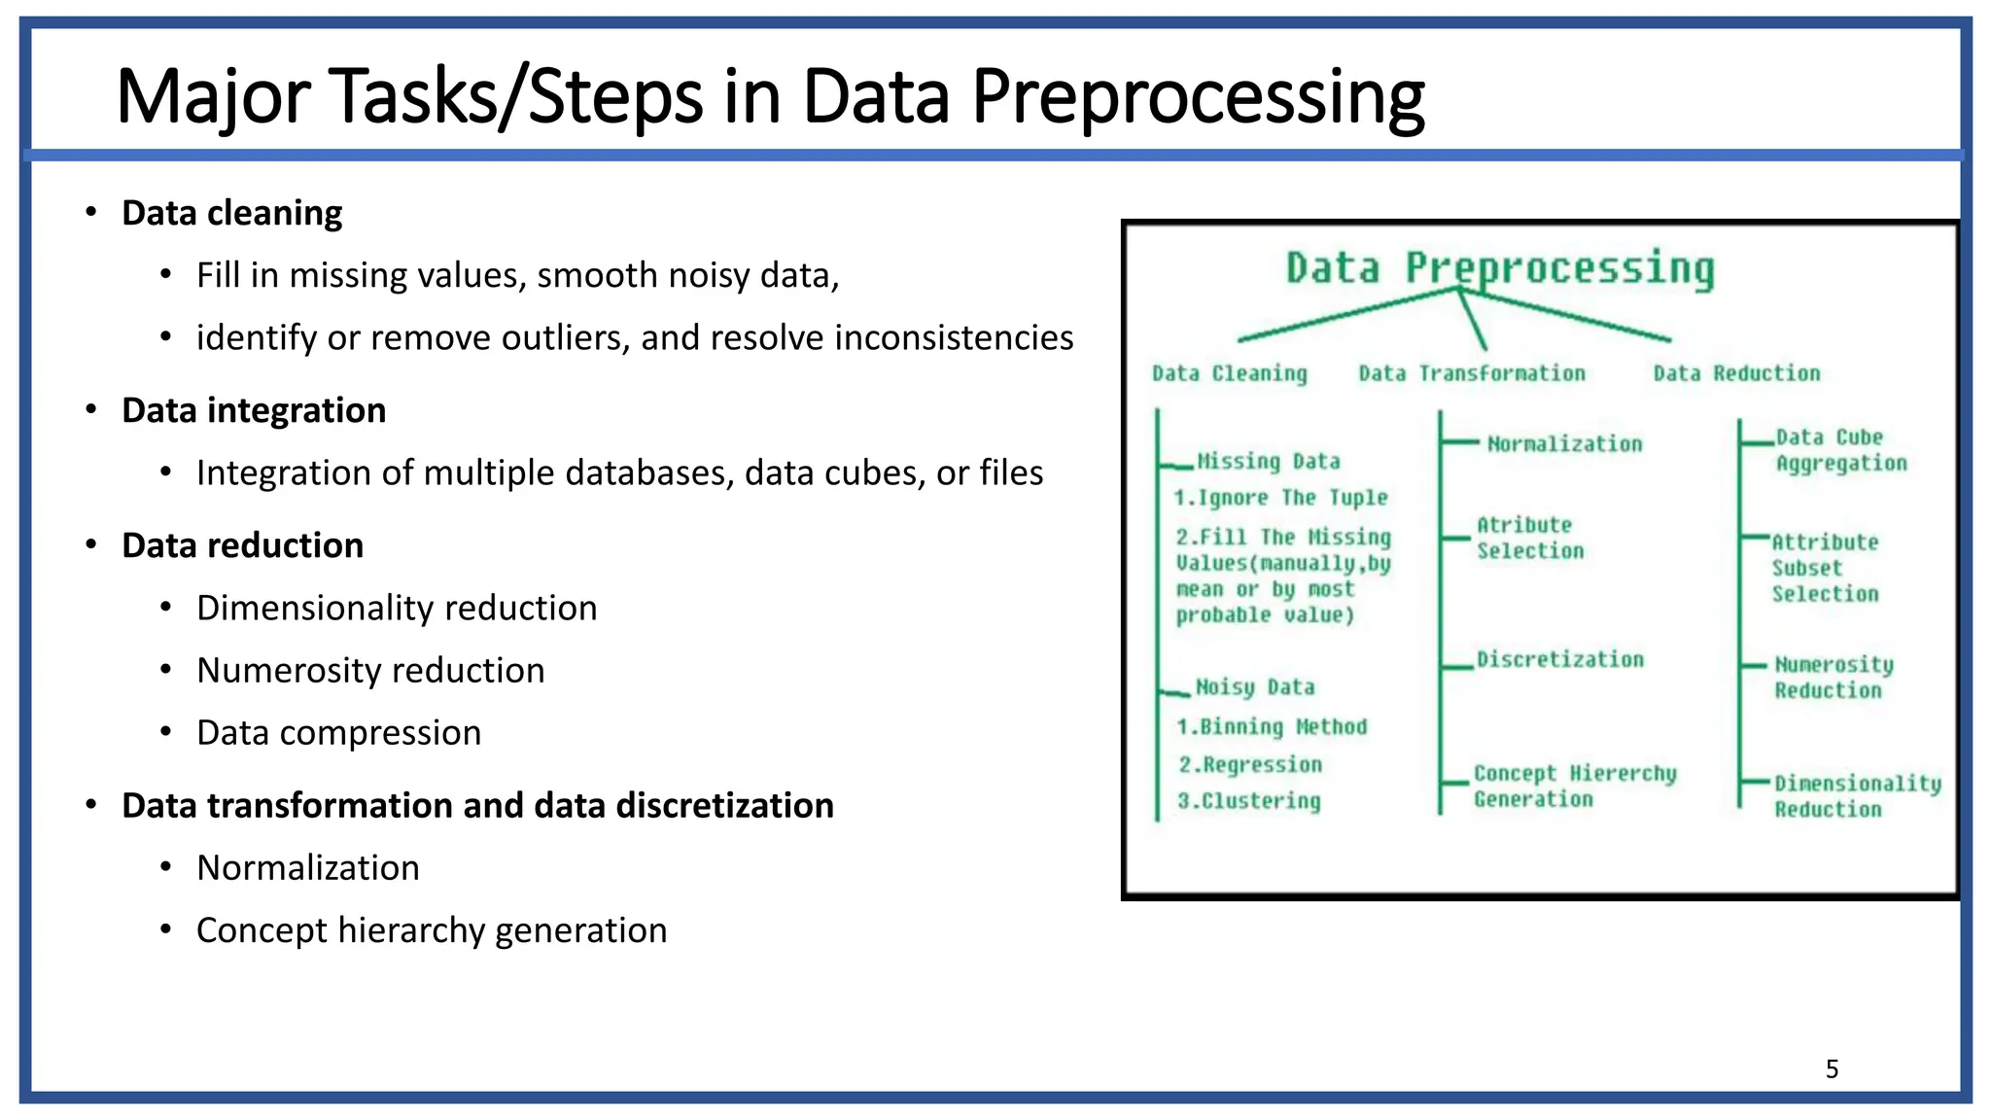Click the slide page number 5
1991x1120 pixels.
coord(1832,1069)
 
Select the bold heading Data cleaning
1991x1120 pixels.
coord(231,213)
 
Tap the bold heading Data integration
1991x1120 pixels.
coord(254,410)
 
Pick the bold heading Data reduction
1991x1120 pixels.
coord(242,545)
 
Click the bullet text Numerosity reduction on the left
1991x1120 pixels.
coord(370,670)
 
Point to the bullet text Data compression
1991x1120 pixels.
coord(338,732)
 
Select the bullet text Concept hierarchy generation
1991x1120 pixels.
coord(432,930)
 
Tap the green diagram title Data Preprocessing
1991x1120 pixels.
coord(1500,267)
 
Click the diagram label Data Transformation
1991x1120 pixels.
coord(1472,373)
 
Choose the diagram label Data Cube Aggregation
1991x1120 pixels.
coord(1840,450)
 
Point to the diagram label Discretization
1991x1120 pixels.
coord(1560,659)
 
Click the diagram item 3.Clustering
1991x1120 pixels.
coord(1249,801)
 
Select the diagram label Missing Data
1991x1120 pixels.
coord(1268,461)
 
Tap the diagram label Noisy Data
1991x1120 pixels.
coord(1254,687)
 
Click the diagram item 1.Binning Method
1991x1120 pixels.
coord(1272,727)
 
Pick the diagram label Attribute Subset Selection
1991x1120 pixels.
coord(1825,568)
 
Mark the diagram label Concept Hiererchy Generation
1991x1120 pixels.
coord(1574,786)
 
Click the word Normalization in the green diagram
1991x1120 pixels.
coord(1564,444)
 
